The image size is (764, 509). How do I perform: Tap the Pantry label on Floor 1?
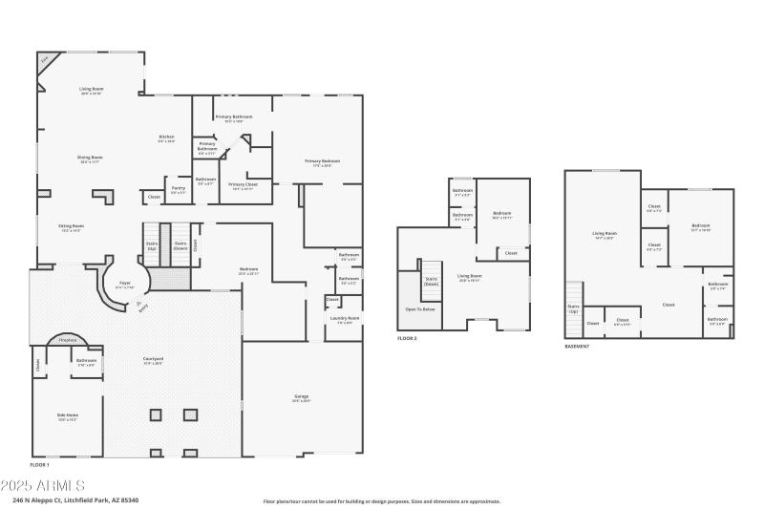tap(179, 189)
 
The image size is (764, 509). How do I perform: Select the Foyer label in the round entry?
tap(124, 284)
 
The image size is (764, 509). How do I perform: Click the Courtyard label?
tap(154, 361)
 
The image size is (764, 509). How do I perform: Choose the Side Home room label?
tap(67, 416)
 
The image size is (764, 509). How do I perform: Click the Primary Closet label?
tap(244, 184)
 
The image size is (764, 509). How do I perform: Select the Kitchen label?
tap(166, 138)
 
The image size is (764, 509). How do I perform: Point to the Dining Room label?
tap(91, 159)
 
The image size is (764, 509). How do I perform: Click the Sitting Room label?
tap(72, 227)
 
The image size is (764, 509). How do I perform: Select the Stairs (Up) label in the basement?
tap(573, 308)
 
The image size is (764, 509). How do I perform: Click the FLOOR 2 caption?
tap(407, 339)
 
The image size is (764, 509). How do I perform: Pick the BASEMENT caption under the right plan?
tap(577, 346)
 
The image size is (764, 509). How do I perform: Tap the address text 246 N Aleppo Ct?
tap(75, 499)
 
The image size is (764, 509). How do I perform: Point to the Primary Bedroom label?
tap(323, 161)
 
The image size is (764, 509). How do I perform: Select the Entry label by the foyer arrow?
tap(142, 308)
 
